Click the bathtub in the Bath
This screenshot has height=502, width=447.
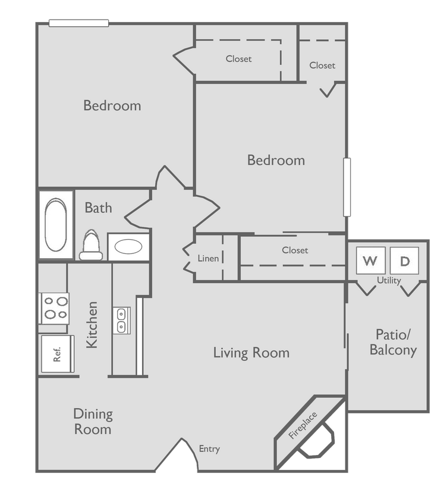56,225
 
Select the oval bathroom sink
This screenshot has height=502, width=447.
128,247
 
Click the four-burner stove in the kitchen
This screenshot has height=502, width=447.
54,308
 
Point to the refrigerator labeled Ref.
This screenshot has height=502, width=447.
57,354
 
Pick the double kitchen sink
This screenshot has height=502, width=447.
121,320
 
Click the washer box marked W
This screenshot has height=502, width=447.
370,261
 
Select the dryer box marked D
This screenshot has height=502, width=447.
404,261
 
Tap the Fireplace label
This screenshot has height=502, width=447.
303,425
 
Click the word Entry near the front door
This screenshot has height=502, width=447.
209,449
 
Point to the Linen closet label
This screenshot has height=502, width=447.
208,259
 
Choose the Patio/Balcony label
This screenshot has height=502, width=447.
393,342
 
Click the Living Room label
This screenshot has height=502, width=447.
251,353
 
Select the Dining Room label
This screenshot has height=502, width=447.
93,421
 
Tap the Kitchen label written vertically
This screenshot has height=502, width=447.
92,325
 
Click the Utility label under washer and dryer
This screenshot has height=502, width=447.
389,280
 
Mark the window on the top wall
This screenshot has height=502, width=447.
79,23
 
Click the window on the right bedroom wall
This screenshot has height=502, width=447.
347,186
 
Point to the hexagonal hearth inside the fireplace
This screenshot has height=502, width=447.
315,440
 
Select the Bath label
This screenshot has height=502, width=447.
98,208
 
